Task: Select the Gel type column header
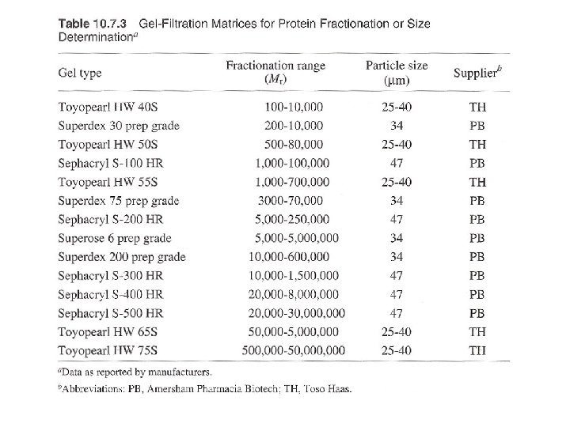tap(80, 73)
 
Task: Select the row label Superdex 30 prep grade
tap(119, 126)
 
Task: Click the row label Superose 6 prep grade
tap(119, 238)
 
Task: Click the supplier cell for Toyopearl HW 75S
tap(477, 350)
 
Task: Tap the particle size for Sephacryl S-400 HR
tap(395, 294)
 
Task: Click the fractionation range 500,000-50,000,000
tap(294, 350)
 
